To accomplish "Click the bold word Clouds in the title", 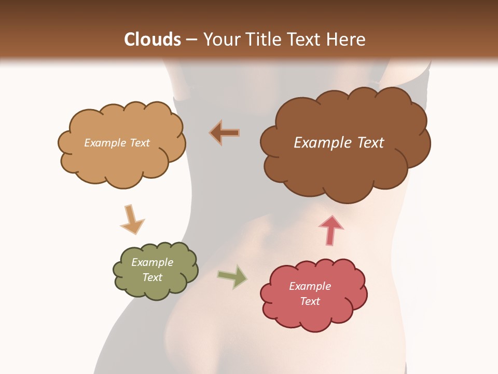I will pos(153,39).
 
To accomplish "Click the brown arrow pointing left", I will pos(225,132).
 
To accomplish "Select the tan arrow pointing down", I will pos(132,219).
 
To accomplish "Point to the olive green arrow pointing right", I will pos(232,276).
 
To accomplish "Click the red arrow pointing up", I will pos(330,230).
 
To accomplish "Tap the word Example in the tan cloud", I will pos(105,143).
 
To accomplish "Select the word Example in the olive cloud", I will pos(152,262).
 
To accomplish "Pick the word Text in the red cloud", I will pos(310,301).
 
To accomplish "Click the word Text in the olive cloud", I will pos(152,277).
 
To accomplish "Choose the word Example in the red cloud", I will pos(310,286).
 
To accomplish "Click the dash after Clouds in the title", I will pos(191,40).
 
